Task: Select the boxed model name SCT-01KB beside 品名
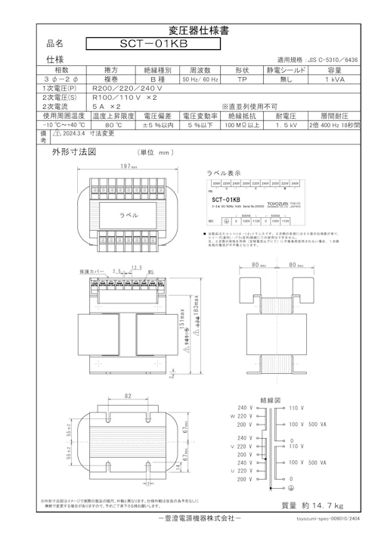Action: [153, 45]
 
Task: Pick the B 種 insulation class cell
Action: [156, 79]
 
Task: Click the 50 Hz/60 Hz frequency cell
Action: [200, 79]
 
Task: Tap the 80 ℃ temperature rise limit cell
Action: [114, 126]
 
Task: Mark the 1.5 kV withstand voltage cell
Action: [287, 126]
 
